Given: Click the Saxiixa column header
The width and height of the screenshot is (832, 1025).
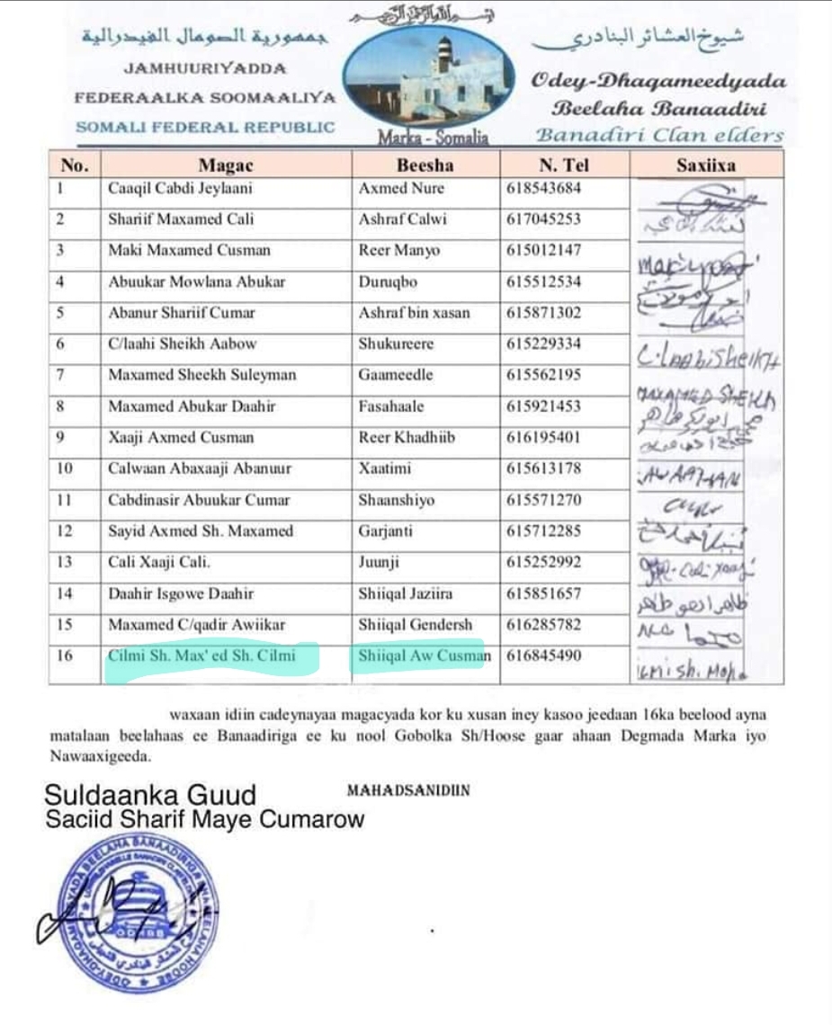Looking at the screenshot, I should pos(706,165).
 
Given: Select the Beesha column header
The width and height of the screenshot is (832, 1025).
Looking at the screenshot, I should pos(425,165).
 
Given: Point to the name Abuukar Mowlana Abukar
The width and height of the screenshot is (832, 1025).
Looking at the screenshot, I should pos(196,281).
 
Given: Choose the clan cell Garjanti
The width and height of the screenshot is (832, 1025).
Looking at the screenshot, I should pos(385,531).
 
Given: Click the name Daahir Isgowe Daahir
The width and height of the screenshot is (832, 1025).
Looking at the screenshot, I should pos(181,593).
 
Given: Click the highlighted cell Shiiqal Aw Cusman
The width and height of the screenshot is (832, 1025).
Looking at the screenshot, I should pos(424,655).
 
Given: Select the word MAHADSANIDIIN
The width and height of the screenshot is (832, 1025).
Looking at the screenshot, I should pos(407,791).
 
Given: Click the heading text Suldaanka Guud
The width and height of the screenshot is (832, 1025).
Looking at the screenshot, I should pos(150,796).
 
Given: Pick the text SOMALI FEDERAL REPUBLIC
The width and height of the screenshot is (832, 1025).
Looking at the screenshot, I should pos(205,128).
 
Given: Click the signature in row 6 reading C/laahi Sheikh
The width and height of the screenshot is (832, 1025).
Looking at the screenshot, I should pos(708,357).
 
